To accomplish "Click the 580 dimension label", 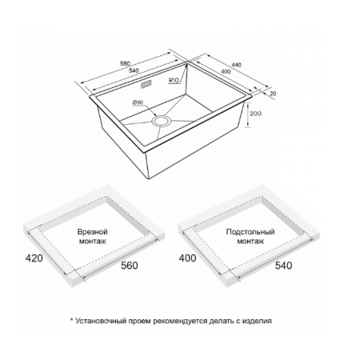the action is coord(125,63).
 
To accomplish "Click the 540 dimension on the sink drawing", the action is coord(134,70).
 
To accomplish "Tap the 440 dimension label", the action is coord(236,65).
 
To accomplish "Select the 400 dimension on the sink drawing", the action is coord(226,71).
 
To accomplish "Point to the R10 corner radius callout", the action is coord(174,79).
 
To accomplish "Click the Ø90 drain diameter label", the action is coord(138,102).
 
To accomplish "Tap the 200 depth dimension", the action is coord(256,114).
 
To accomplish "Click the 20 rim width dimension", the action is coord(273,94).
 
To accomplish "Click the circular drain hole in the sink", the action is coord(161,121).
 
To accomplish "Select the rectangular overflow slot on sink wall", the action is coord(146,84).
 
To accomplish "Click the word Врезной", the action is coord(92,231).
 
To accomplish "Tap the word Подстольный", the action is coord(250,231).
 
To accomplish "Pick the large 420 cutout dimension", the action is coord(34,258).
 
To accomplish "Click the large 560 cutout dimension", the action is coord(130,266).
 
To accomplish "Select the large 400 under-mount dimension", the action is coord(187,258).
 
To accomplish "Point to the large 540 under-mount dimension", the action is coord(283,266).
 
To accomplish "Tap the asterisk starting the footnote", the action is coord(71,319).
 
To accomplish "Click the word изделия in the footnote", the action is coord(257,321).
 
